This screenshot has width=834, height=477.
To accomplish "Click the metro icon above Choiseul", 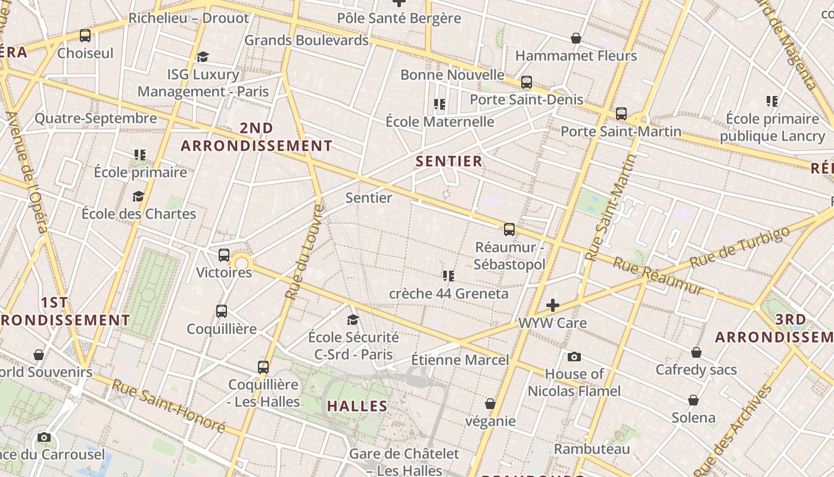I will (x=85, y=36).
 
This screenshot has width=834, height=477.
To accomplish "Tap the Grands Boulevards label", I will (x=306, y=41).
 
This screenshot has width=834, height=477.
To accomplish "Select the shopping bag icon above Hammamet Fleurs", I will (x=576, y=38).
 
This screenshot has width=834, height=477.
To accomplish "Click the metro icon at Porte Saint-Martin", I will (x=621, y=113).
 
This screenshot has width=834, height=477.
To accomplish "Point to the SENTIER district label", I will (x=449, y=161).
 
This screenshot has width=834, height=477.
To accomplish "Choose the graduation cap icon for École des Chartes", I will (x=139, y=196).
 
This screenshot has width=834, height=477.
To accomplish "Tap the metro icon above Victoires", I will (x=224, y=255).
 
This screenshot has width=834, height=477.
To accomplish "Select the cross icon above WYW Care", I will (x=553, y=305).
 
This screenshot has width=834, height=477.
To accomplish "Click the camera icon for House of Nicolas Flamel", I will (x=574, y=357).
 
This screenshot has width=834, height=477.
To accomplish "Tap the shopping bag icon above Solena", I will (x=693, y=399).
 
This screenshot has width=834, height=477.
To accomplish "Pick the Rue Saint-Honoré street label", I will (x=168, y=407).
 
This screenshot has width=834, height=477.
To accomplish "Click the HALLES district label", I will (x=357, y=406).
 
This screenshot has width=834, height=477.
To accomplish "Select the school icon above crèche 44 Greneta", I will (x=449, y=275).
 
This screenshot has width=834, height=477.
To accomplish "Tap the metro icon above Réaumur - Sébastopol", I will (x=509, y=230).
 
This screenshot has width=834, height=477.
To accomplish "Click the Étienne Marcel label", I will (x=460, y=360).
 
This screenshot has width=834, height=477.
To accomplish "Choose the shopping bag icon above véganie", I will (x=490, y=404).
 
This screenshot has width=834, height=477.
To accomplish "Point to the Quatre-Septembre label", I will (x=95, y=118).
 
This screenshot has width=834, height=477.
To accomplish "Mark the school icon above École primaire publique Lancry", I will (x=772, y=101).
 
